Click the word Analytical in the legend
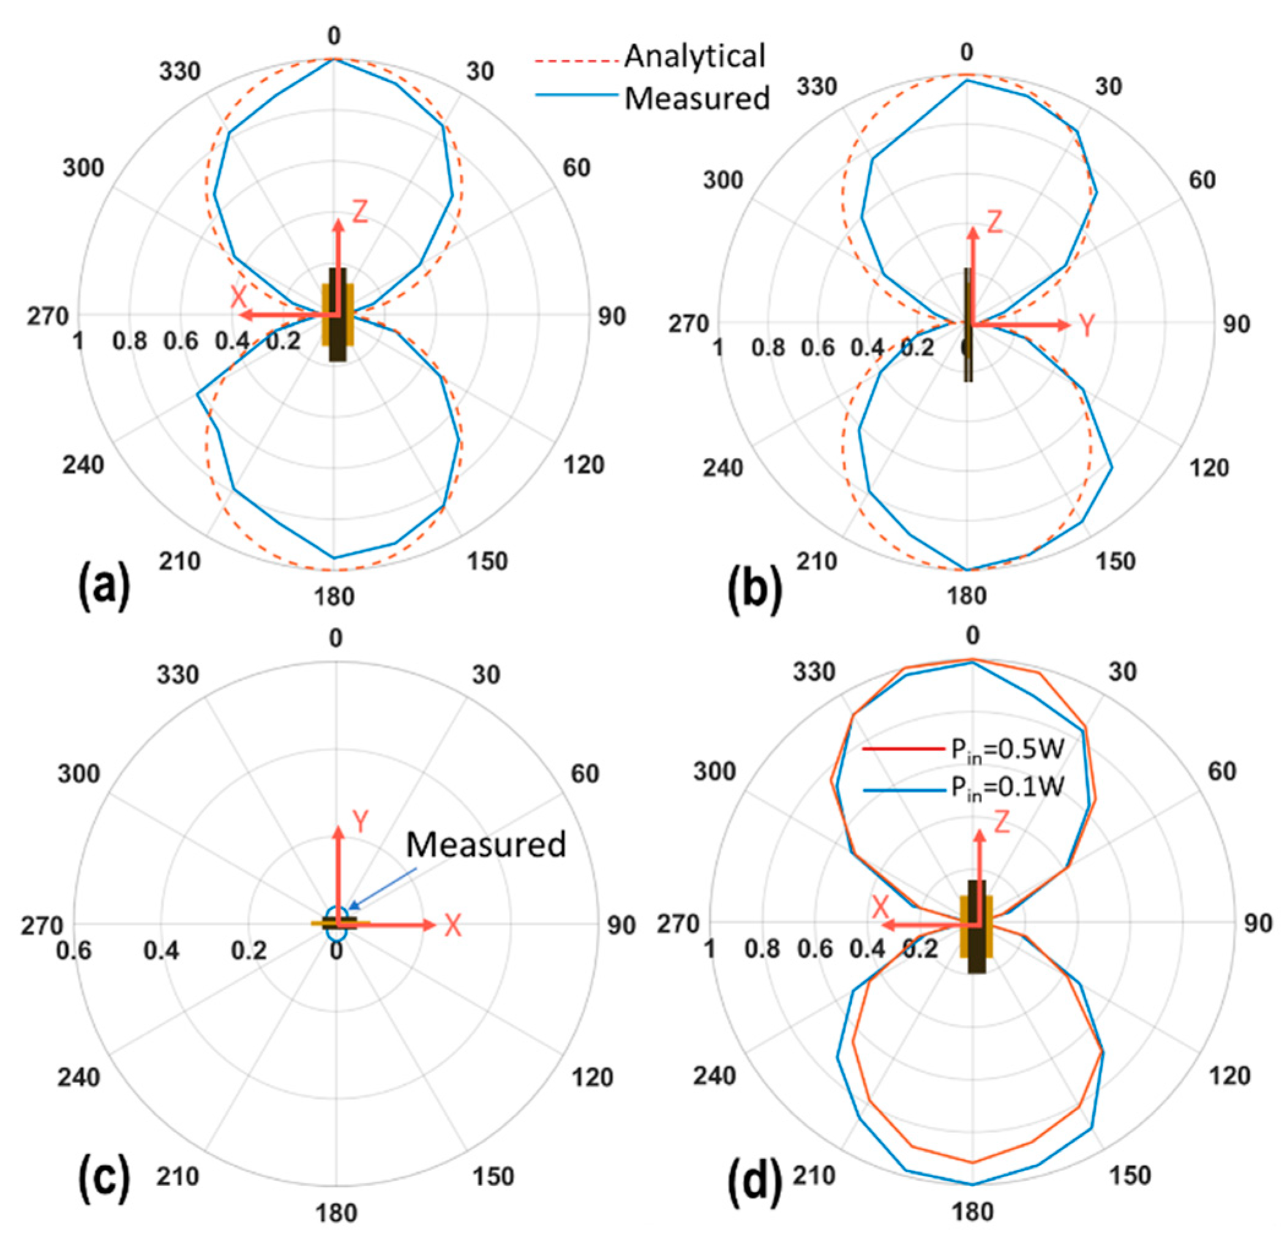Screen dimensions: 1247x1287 click(695, 56)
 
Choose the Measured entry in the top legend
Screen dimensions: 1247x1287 click(696, 99)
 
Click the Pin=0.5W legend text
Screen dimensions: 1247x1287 click(1007, 749)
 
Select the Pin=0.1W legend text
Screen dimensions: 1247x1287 click(1007, 787)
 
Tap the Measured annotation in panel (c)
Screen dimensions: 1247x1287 click(486, 844)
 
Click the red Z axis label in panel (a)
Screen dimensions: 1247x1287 click(361, 212)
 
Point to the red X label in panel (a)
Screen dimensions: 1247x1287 click(238, 299)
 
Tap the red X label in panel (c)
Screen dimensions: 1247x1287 click(452, 927)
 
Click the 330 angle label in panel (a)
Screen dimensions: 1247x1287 click(179, 71)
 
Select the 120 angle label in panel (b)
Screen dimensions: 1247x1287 click(1208, 468)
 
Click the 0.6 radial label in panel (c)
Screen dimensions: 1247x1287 click(73, 950)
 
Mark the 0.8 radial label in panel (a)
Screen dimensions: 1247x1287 click(129, 342)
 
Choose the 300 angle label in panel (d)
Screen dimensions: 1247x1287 click(715, 771)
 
